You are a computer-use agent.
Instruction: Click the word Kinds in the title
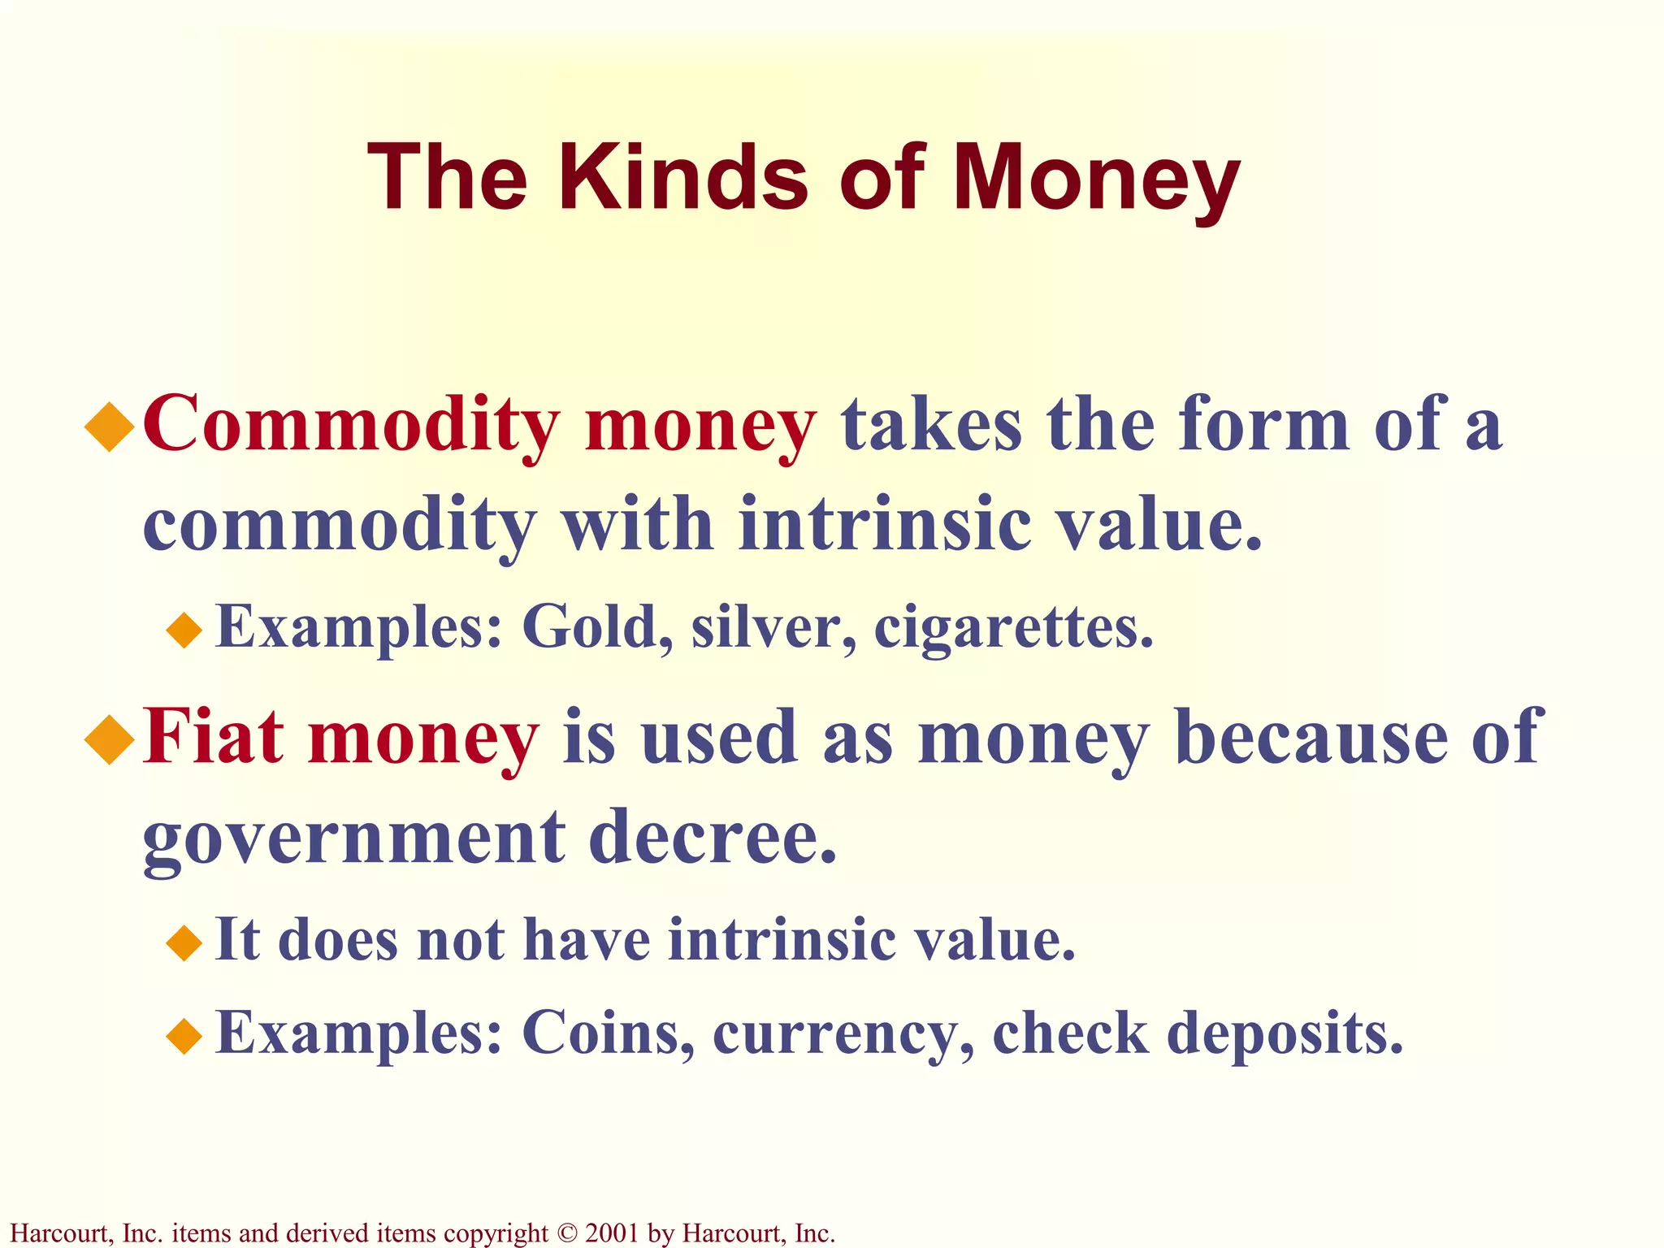point(683,177)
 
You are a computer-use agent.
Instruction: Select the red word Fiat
point(214,737)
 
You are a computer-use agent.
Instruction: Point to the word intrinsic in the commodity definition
point(886,525)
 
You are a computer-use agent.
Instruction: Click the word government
point(354,838)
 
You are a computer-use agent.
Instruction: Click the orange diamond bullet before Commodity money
point(109,428)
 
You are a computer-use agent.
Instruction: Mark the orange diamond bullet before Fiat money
point(109,740)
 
